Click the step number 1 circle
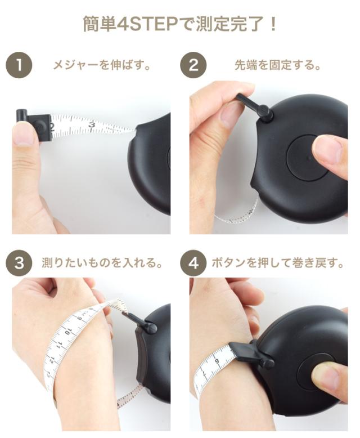pyautogui.click(x=19, y=65)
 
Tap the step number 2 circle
pyautogui.click(x=193, y=65)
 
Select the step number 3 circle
pyautogui.click(x=19, y=263)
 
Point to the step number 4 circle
pyautogui.click(x=193, y=263)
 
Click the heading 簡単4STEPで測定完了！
pyautogui.click(x=180, y=24)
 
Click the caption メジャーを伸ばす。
pyautogui.click(x=102, y=65)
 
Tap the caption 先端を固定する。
pyautogui.click(x=278, y=65)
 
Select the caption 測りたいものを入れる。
pyautogui.click(x=102, y=263)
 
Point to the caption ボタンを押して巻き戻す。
pyautogui.click(x=278, y=263)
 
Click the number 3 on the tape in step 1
pyautogui.click(x=92, y=124)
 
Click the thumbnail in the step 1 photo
pyautogui.click(x=26, y=136)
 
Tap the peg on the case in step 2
pyautogui.click(x=264, y=112)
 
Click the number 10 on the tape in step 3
pyautogui.click(x=68, y=332)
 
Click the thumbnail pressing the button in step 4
pyautogui.click(x=325, y=374)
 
